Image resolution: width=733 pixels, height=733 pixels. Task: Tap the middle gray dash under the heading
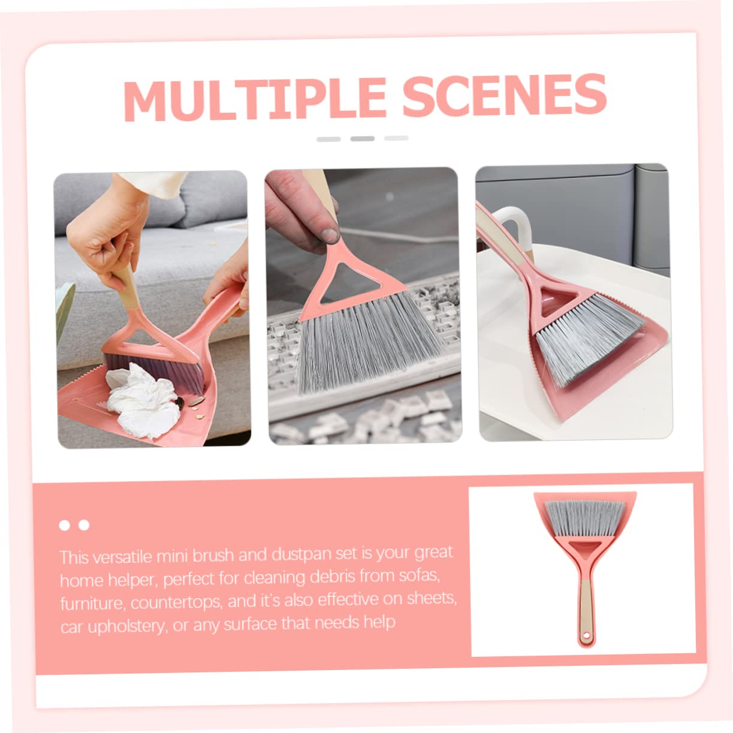coord(362,138)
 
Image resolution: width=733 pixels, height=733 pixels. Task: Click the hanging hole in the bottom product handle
coord(586,636)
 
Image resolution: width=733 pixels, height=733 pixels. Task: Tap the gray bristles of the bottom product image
coord(585,515)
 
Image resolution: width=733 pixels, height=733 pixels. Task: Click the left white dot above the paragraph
coord(65,526)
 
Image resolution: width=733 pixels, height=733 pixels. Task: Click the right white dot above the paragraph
coord(84,526)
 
